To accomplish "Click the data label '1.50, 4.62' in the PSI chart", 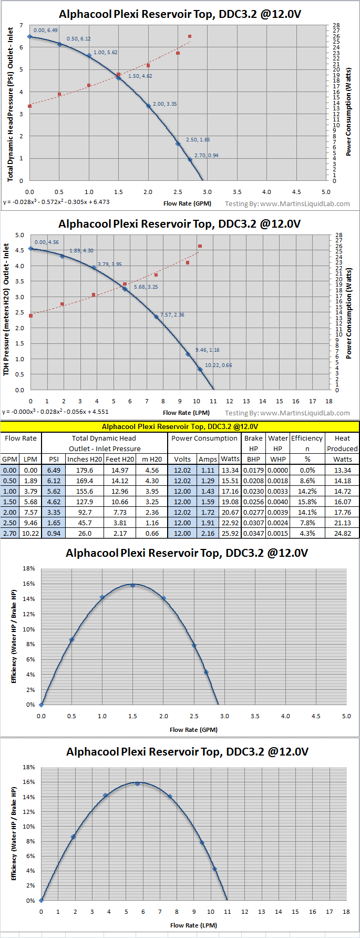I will pyautogui.click(x=140, y=76).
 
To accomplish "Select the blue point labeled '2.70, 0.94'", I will pyautogui.click(x=190, y=159).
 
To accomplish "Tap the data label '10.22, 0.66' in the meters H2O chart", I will pyautogui.click(x=218, y=365).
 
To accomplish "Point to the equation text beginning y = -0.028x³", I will pyautogui.click(x=56, y=202).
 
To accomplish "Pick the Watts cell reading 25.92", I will pyautogui.click(x=230, y=533).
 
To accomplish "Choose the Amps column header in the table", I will pyautogui.click(x=208, y=459).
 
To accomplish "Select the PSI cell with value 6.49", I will pyautogui.click(x=54, y=470).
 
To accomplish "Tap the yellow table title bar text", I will pyautogui.click(x=180, y=426).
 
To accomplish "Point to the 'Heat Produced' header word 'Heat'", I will pyautogui.click(x=342, y=438).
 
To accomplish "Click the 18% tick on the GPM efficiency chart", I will pyautogui.click(x=29, y=569).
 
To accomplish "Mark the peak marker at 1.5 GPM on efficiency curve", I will pyautogui.click(x=132, y=585).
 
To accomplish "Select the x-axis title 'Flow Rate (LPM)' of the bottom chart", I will pyautogui.click(x=193, y=925).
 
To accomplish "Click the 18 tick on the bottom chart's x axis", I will pyautogui.click(x=346, y=912).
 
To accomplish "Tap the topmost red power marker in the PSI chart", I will pyautogui.click(x=190, y=36).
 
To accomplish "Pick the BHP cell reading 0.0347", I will pyautogui.click(x=253, y=533).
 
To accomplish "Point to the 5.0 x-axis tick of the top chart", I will pyautogui.click(x=326, y=192).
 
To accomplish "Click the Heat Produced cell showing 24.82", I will pyautogui.click(x=342, y=533).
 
